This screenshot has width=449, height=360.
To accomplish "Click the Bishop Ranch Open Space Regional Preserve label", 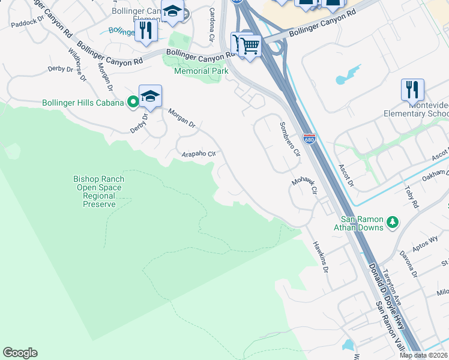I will point(99,191).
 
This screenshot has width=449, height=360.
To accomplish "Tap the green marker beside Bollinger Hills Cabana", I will point(133,103).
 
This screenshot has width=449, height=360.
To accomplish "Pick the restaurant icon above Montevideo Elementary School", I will point(412,89).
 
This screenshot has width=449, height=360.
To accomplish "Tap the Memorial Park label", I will point(201,71).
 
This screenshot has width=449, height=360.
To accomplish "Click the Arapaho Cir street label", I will point(199,154).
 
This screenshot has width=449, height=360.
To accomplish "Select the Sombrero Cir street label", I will point(289,139).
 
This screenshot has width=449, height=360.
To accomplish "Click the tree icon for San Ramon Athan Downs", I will point(392,223).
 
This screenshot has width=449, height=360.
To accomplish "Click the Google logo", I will point(20,353).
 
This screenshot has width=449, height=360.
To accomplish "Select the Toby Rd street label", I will point(412,196).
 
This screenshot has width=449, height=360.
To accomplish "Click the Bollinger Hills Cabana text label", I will point(83,103).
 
